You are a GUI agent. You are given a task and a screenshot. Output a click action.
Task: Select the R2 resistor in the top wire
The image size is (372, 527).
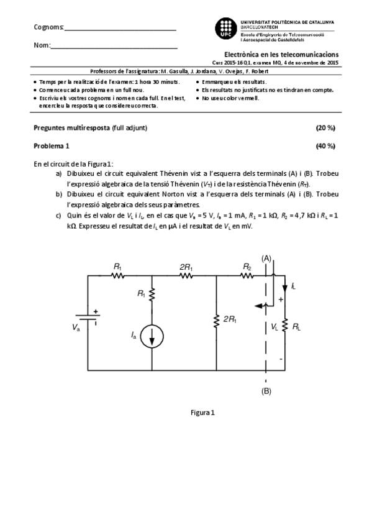[x=247, y=275]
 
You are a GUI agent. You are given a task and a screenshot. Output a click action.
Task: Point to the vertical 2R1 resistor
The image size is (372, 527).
[x=216, y=321]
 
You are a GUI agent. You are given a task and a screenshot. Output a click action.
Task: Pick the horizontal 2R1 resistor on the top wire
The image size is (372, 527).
[x=184, y=275]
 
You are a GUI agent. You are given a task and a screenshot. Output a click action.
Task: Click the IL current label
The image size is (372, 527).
[x=293, y=286]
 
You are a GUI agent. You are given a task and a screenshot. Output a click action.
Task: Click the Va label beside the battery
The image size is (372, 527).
[x=76, y=327]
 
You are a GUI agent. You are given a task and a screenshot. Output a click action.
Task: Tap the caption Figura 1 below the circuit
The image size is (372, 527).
[x=203, y=411]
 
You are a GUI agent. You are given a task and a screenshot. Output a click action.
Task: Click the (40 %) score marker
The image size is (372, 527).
[x=325, y=146]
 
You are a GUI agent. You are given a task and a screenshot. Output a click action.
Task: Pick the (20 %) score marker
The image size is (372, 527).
[x=325, y=127]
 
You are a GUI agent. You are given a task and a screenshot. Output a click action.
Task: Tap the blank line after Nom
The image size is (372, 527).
[x=114, y=47]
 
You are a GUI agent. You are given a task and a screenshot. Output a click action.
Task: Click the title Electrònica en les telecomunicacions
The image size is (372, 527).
[x=281, y=55]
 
